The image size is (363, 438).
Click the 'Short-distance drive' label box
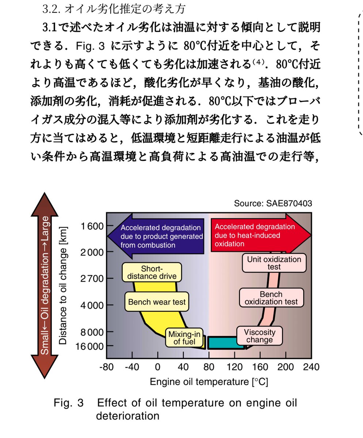pos(152,272)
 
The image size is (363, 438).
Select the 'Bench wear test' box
pos(157,302)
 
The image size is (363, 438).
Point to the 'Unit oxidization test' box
pos(274,263)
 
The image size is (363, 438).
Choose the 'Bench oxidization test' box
pos(271,298)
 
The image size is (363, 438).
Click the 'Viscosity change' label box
pos(259,336)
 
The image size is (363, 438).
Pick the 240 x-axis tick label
pos(312,367)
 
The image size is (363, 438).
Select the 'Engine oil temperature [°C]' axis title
pos(209,382)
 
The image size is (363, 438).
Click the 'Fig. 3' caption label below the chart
pos(68,403)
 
